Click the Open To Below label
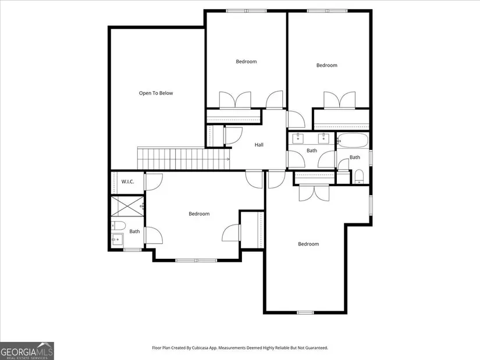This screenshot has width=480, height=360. (x=156, y=93)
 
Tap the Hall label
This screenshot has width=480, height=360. (x=259, y=145)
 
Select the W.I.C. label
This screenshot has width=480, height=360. (x=127, y=181)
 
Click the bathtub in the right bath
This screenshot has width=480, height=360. (x=353, y=141)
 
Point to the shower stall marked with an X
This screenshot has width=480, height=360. (x=127, y=206)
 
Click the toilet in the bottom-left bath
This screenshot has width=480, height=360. (x=119, y=226)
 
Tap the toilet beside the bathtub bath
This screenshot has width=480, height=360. (x=360, y=177)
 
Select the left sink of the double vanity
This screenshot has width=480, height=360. (x=298, y=138)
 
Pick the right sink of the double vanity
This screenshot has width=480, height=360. (x=323, y=138)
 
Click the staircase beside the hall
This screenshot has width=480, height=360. (x=184, y=158)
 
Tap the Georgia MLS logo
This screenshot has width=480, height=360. (x=27, y=351)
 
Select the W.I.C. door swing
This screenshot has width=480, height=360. (x=154, y=182)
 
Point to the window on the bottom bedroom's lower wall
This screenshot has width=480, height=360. (x=305, y=312)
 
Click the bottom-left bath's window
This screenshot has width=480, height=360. (x=133, y=250)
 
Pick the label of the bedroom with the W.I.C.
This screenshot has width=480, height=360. (x=199, y=213)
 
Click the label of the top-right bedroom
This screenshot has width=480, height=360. (x=326, y=65)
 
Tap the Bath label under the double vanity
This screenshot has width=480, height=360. (x=312, y=151)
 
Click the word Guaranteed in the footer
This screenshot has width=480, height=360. (x=317, y=348)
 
